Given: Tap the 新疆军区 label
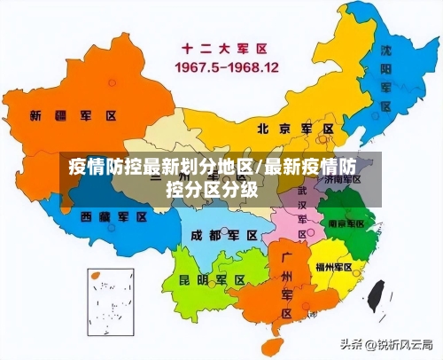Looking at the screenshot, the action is (73, 116).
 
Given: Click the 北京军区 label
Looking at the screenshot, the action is (295, 129).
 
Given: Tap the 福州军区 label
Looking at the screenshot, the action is (335, 266).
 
